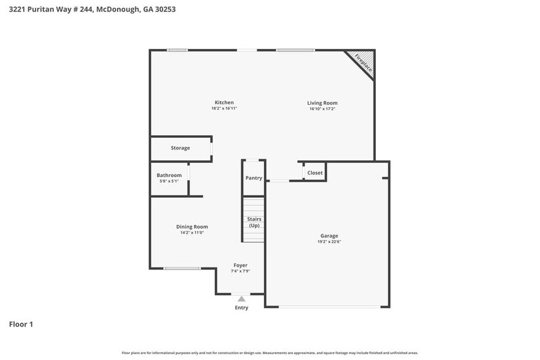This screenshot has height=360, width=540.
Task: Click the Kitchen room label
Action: [x=224, y=102]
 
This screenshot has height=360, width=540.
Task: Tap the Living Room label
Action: [x=322, y=103]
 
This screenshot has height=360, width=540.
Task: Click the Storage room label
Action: [x=180, y=148]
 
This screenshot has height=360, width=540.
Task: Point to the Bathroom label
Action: [x=169, y=175]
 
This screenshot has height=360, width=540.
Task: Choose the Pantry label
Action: [x=253, y=178]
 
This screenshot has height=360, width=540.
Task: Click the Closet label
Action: [x=315, y=173]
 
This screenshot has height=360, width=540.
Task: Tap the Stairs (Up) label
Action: [x=254, y=222]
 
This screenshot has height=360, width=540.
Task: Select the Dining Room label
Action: [x=192, y=227]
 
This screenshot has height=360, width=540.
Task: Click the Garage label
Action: [x=329, y=236]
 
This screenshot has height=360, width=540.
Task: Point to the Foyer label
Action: [x=241, y=265]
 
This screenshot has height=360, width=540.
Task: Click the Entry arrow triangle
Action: [x=242, y=299]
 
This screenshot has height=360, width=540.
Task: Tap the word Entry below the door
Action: [x=242, y=307]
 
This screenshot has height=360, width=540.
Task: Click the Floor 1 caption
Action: [x=21, y=324]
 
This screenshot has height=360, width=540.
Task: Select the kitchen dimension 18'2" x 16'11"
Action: [x=224, y=108]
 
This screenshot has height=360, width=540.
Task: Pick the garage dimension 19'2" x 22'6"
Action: [x=329, y=242]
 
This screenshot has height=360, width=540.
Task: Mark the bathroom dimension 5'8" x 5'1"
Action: [x=169, y=181]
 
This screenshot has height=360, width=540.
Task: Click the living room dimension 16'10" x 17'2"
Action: [x=322, y=109]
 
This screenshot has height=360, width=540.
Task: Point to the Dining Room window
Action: [x=182, y=268]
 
